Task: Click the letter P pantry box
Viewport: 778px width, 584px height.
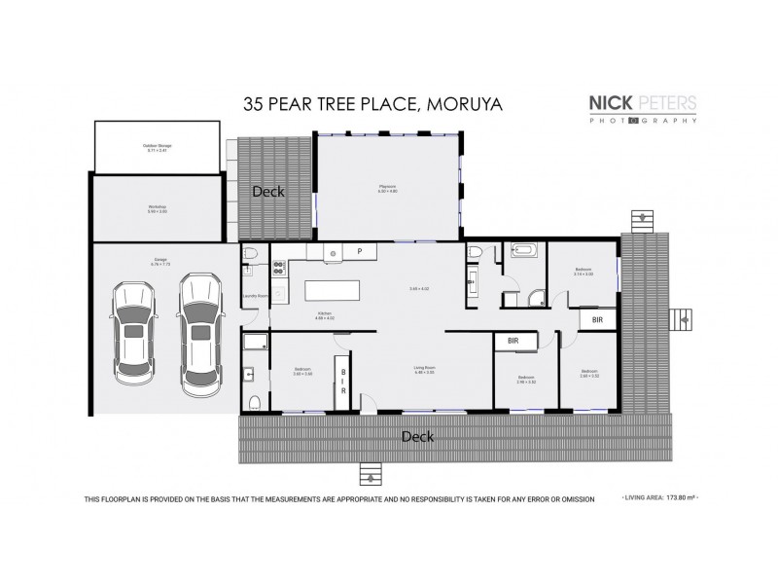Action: pos(360,252)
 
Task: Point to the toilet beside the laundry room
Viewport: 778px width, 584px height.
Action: pos(251,255)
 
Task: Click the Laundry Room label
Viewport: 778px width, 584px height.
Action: pos(255,296)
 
